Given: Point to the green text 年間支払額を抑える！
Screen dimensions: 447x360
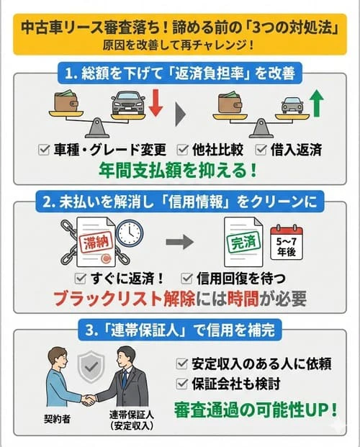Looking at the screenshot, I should [180, 171].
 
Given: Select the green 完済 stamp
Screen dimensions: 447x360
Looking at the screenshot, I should [239, 243].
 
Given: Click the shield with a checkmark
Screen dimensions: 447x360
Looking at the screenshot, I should [89, 366].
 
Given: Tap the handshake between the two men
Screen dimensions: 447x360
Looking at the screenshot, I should [89, 398].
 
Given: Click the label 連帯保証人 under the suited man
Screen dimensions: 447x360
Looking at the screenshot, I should [131, 415].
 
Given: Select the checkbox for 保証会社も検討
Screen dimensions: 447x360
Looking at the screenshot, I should [182, 382].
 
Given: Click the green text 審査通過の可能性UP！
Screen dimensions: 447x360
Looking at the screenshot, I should [255, 409].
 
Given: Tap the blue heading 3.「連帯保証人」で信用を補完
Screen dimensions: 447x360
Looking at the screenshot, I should [180, 334].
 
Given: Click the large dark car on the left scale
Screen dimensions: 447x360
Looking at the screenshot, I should [130, 103].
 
